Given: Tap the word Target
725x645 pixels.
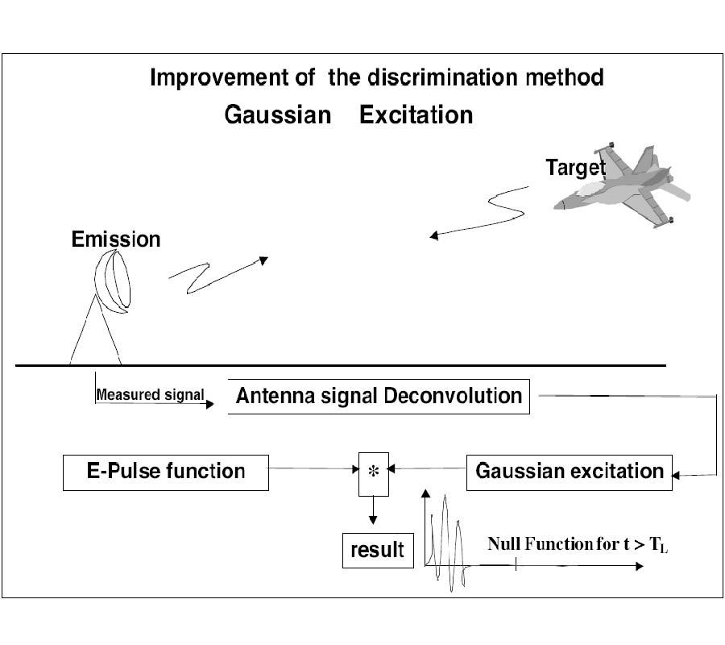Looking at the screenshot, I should (575, 168).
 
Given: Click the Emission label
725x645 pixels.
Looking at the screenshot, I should (115, 239).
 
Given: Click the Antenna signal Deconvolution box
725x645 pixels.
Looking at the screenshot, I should (379, 397).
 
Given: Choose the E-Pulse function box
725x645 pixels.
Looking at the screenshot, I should (165, 471).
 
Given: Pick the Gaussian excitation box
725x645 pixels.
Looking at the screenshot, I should (569, 471).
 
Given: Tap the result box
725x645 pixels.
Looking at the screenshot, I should (377, 550).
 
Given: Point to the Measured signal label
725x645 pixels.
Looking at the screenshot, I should (150, 395).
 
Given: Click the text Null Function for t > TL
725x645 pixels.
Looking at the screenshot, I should (578, 544).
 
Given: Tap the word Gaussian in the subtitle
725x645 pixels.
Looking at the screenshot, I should (277, 115).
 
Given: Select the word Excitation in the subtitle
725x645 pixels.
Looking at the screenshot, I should (416, 115).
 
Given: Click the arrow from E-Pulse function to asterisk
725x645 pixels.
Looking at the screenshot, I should (313, 468).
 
